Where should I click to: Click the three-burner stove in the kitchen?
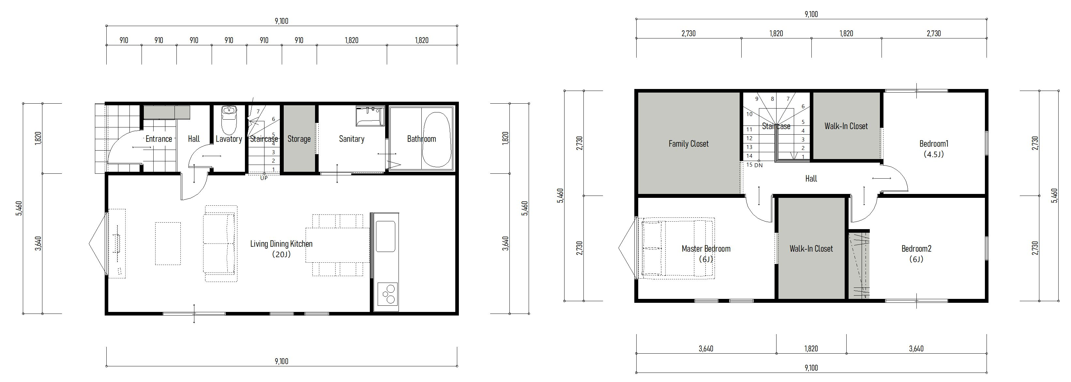pyautogui.click(x=387, y=294)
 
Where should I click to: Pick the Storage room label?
pyautogui.click(x=299, y=139)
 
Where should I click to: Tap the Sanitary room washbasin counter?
pyautogui.click(x=370, y=116)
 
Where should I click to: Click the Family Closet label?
pyautogui.click(x=688, y=144)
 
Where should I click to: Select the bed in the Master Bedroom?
pyautogui.click(x=678, y=248)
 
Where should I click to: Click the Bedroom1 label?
pyautogui.click(x=934, y=144)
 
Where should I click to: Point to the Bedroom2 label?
pyautogui.click(x=916, y=249)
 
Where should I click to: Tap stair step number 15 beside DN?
pyautogui.click(x=749, y=165)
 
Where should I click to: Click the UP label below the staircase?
pyautogui.click(x=264, y=178)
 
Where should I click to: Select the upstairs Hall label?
pyautogui.click(x=811, y=179)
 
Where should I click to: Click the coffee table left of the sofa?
pyautogui.click(x=168, y=243)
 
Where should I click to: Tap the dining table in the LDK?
pyautogui.click(x=338, y=245)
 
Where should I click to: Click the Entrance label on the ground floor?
pyautogui.click(x=159, y=139)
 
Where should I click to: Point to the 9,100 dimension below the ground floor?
pyautogui.click(x=281, y=361)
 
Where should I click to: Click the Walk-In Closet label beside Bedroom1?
pyautogui.click(x=846, y=126)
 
